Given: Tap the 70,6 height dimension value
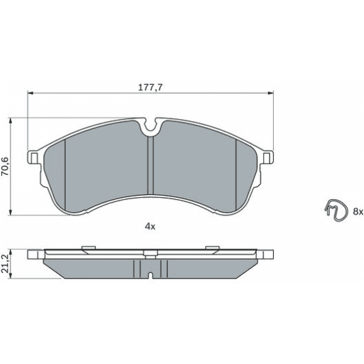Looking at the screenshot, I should click(x=6, y=167).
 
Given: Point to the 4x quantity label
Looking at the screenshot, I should click(x=150, y=226).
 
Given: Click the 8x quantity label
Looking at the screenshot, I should click(x=358, y=212).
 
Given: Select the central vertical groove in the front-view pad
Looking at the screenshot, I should click(x=150, y=164).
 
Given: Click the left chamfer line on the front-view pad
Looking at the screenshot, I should click(x=64, y=164).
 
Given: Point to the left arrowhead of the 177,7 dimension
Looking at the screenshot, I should click(x=30, y=94).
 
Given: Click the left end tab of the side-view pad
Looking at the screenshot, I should click(x=34, y=255).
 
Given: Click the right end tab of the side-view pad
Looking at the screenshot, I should click(x=266, y=255).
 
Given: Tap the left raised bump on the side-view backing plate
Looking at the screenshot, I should click(x=86, y=248).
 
